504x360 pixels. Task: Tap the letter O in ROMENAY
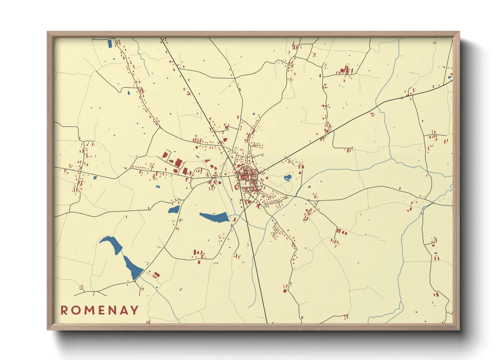76,310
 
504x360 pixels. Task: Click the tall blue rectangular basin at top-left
110,44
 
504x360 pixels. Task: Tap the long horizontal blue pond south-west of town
215,217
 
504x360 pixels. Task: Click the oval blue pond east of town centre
287,177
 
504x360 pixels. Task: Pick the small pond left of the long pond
174,209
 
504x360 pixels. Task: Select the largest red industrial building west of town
179,162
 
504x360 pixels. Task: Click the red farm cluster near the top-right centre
346,70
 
